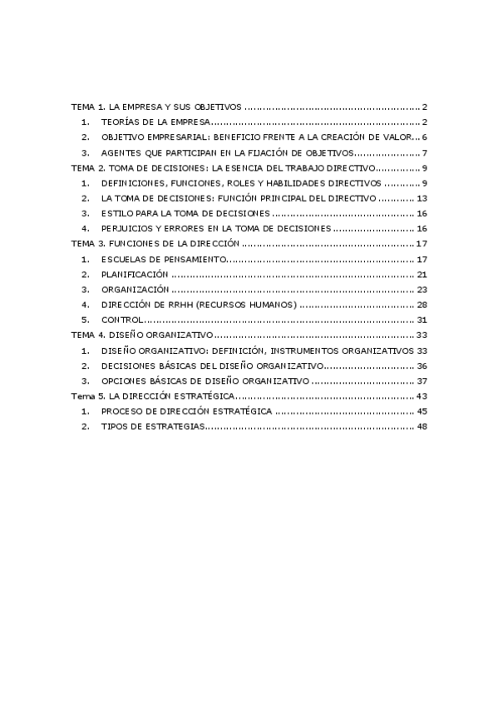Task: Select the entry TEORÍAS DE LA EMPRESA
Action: [x=155, y=122]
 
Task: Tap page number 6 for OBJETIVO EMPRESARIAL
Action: [x=424, y=137]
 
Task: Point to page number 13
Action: [x=422, y=198]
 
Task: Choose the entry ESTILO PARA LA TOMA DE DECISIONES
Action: [x=184, y=213]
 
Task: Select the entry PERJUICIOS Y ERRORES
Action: [x=216, y=228]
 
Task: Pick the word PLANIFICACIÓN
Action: [x=135, y=274]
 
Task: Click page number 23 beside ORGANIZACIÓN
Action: [x=422, y=289]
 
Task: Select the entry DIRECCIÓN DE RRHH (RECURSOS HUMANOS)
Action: [x=198, y=305]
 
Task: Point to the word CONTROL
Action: [x=121, y=320]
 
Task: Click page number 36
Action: [x=422, y=365]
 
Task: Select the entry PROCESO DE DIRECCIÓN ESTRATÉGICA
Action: [x=186, y=411]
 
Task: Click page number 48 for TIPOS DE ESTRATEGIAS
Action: [x=422, y=426]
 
